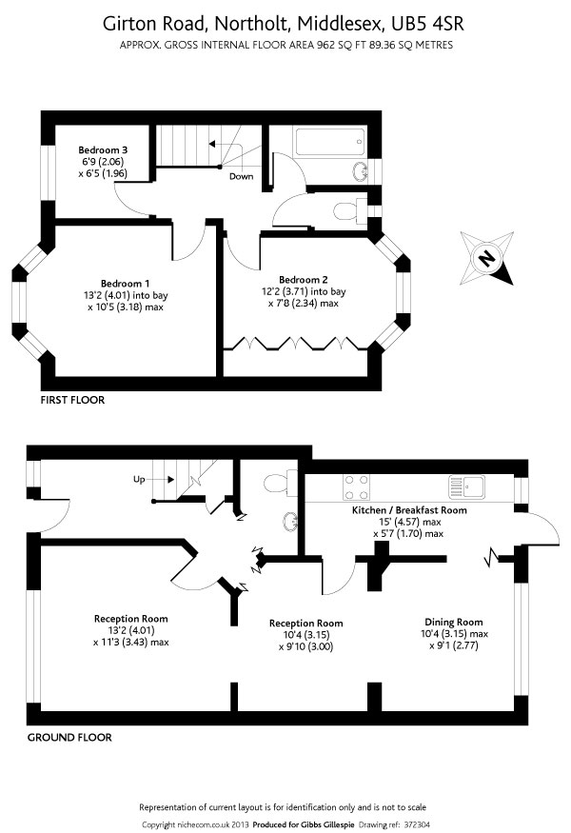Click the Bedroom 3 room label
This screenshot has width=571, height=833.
[x=103, y=150]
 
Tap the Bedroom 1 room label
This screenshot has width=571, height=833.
[x=126, y=284]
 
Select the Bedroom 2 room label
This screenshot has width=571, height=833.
[x=304, y=280]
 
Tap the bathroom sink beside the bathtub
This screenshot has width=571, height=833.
[x=362, y=171]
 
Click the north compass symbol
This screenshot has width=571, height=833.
[x=486, y=258]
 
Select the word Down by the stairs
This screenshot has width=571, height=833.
[x=241, y=176]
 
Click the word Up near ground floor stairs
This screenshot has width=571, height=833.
[x=139, y=480]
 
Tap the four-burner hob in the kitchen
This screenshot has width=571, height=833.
[x=357, y=487]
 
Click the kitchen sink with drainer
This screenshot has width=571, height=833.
[x=467, y=486]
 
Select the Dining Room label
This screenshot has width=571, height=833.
[x=454, y=622]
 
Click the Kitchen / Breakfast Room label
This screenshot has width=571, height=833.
[x=409, y=510]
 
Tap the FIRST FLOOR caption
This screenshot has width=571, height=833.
[x=72, y=400]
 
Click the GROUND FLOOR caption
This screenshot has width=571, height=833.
[x=69, y=738]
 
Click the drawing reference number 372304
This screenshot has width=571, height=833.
[x=417, y=825]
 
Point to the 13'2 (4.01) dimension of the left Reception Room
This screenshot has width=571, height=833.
[x=131, y=630]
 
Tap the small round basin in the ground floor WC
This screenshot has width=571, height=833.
[x=290, y=523]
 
